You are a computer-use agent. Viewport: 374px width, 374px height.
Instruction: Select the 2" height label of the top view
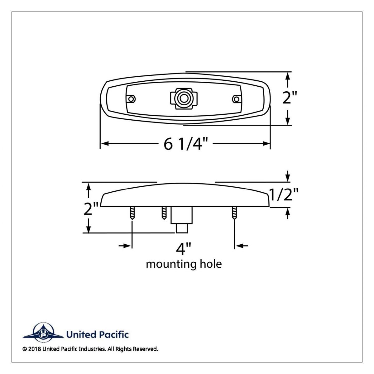point(290,98)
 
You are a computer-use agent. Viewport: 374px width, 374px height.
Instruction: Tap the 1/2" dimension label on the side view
point(284,195)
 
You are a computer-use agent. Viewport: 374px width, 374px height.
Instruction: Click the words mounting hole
point(184,264)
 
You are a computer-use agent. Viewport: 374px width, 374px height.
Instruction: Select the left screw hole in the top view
point(132,99)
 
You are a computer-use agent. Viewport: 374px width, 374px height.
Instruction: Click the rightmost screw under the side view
point(234,214)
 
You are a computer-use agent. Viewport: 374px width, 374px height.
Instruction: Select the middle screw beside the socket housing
point(164,213)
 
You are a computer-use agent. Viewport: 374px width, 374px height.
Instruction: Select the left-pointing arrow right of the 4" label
point(242,246)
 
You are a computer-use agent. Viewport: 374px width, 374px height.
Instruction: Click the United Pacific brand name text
point(97,335)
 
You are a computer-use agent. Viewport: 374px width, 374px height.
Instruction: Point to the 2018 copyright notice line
point(90,349)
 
